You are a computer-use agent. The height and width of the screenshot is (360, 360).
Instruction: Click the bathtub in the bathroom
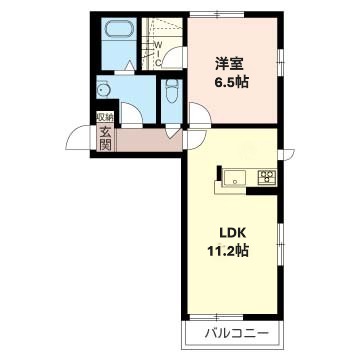click(x=119, y=29)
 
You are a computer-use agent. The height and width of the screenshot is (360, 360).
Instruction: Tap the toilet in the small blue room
click(x=172, y=91)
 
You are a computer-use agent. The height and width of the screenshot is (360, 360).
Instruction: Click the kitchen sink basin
click(x=235, y=177)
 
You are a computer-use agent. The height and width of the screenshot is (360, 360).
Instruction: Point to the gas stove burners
click(x=267, y=177)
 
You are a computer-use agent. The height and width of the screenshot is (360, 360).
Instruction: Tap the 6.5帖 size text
click(x=232, y=82)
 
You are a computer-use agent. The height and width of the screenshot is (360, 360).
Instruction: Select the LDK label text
click(x=232, y=233)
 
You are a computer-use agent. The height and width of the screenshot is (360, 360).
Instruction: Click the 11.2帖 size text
click(x=228, y=251)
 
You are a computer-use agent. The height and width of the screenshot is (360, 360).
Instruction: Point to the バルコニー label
click(x=237, y=333)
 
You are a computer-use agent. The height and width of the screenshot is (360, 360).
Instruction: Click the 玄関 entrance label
click(x=105, y=139)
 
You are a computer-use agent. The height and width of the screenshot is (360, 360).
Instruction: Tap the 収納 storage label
click(x=105, y=117)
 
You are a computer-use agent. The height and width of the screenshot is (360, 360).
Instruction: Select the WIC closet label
click(x=159, y=53)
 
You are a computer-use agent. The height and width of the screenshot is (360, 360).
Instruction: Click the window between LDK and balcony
click(x=217, y=317)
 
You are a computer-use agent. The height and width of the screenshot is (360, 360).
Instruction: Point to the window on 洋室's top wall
click(x=217, y=14)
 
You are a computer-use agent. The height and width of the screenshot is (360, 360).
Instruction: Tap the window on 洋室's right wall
click(x=280, y=61)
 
